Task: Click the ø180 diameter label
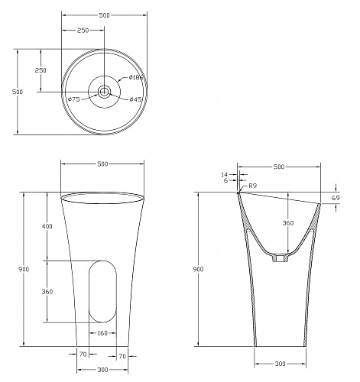(x=136, y=77)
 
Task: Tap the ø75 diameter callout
(x=74, y=99)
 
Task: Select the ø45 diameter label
(x=135, y=99)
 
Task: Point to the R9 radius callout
(x=253, y=186)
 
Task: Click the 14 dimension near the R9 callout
(x=224, y=175)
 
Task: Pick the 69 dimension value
(x=336, y=198)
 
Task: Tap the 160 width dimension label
(x=102, y=333)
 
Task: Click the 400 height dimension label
(x=47, y=226)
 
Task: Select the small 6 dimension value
(x=225, y=180)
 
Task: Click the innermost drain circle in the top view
(x=104, y=92)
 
